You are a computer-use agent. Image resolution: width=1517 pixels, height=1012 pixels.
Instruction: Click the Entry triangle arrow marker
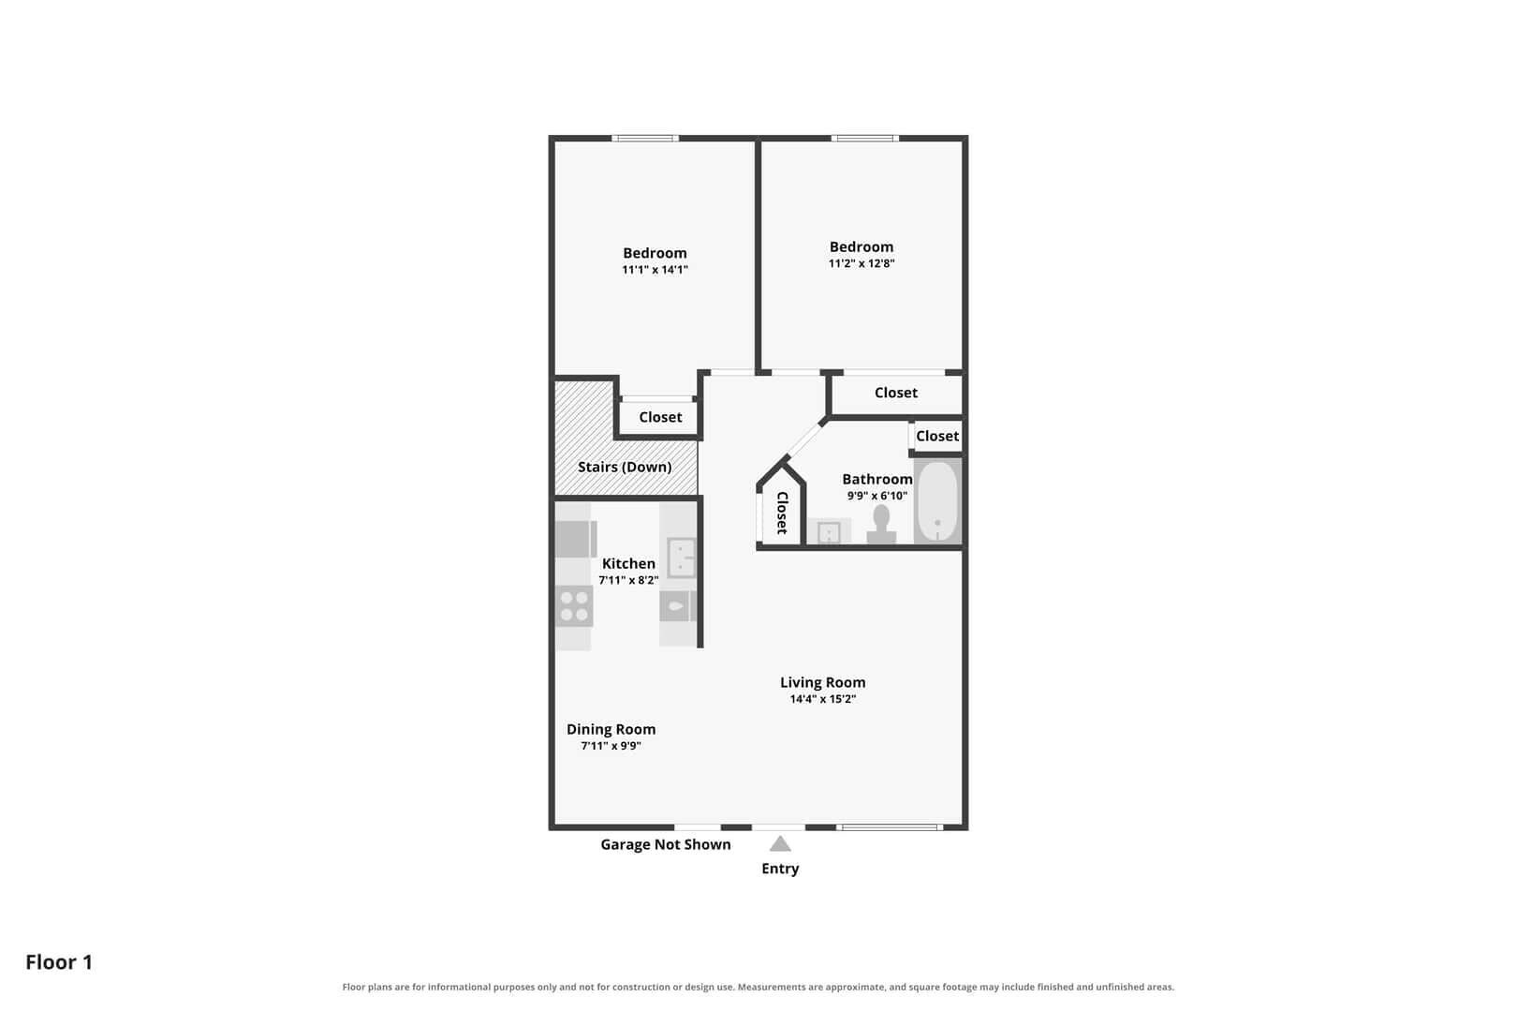pos(780,844)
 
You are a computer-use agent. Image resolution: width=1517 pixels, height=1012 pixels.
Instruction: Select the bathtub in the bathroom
pos(937,501)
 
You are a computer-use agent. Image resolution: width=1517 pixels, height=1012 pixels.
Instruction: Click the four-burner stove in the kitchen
pos(574,606)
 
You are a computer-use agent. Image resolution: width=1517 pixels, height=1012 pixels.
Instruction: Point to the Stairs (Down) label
pos(625,467)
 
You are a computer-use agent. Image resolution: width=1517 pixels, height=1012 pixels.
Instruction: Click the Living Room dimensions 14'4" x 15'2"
pos(823,699)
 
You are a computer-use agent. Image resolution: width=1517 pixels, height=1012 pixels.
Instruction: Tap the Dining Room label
pos(611,729)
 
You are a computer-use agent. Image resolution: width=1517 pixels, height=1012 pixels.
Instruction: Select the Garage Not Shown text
pos(666,844)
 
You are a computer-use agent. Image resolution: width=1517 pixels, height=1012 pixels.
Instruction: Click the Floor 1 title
pos(59,961)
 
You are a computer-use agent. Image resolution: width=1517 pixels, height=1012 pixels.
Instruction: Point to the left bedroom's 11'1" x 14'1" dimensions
pos(655,270)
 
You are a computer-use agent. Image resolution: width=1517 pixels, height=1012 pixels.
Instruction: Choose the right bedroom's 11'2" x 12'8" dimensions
pos(862,263)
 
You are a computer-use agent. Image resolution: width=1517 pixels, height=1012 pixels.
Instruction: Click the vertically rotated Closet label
pos(782,513)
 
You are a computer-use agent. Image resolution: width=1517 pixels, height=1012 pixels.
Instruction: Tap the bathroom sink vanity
pos(829,531)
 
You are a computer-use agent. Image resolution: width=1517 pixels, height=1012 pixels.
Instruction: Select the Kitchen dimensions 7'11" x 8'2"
pos(628,580)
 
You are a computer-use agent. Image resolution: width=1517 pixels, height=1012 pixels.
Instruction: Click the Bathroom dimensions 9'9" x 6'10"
pos(877,496)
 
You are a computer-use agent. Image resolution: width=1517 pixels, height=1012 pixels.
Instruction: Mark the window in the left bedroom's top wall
pos(645,139)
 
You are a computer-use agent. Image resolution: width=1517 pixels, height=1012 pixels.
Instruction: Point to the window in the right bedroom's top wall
pos(865,139)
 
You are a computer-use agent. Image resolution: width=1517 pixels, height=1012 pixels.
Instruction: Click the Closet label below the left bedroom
pos(660,417)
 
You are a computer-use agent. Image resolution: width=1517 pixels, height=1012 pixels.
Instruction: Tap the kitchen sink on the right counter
pos(682,558)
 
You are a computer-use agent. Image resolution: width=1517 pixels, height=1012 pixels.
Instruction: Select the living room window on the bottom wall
pos(890,827)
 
